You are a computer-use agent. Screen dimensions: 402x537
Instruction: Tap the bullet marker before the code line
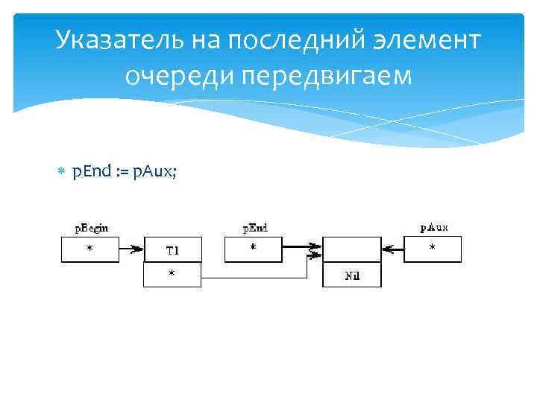(x=62, y=173)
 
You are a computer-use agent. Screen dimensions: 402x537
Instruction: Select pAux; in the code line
(x=155, y=172)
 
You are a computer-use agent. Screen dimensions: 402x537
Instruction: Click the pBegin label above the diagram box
(x=90, y=228)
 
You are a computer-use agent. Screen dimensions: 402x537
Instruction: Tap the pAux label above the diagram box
(x=434, y=228)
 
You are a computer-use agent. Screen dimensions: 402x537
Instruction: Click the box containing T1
(x=172, y=250)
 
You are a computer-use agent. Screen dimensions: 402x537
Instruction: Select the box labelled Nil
(x=351, y=275)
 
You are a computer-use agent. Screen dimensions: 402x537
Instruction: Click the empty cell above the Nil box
(x=351, y=250)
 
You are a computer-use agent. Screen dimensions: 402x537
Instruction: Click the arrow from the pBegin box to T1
(x=131, y=250)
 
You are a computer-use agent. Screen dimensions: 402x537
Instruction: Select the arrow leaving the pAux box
(x=392, y=250)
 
